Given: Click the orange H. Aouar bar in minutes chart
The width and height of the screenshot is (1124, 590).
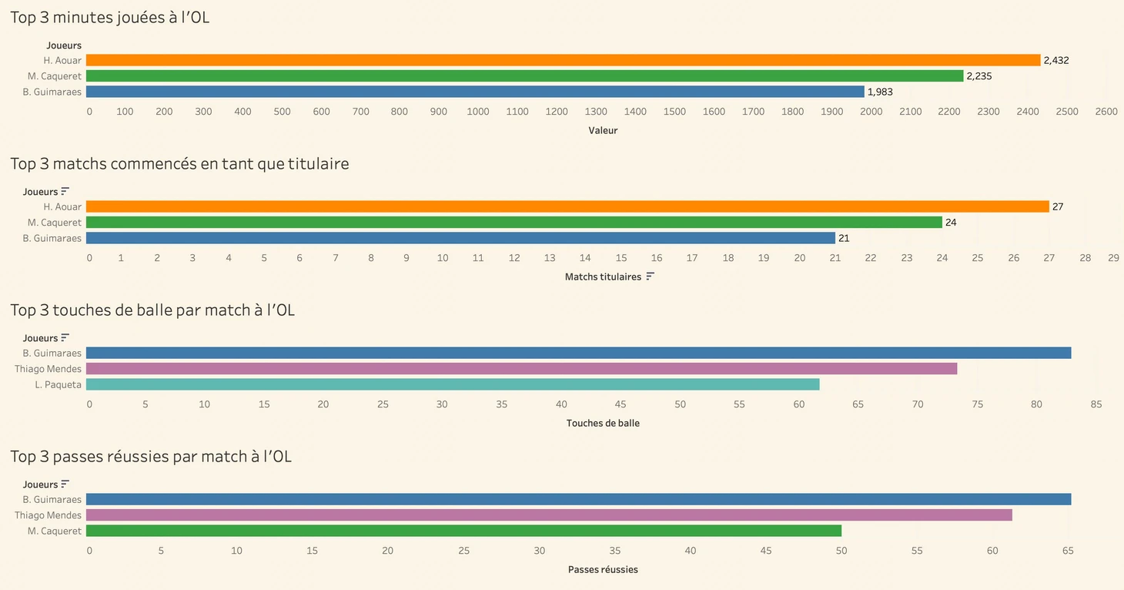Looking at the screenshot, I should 563,60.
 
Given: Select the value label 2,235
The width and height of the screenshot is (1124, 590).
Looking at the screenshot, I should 979,76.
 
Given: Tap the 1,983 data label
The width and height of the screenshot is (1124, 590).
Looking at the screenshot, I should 880,92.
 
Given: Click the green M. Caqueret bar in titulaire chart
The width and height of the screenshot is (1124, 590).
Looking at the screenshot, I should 513,223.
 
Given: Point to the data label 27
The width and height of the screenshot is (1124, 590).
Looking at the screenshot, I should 1058,207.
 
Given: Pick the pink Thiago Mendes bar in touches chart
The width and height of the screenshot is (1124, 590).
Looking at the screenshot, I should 521,369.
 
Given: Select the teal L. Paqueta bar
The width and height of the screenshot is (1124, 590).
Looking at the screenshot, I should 453,384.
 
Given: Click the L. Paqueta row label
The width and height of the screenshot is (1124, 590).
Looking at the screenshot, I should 58,384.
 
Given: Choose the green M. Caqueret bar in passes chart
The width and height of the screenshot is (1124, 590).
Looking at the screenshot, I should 463,531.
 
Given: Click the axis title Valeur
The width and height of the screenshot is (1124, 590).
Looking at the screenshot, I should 603,130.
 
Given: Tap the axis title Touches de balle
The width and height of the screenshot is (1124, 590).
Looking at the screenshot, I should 603,423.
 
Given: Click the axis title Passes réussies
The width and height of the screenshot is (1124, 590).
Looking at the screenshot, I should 603,569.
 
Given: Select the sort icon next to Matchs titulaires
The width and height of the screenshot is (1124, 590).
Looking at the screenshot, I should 651,276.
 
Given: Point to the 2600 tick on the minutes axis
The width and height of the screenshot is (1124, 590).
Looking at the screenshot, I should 1106,112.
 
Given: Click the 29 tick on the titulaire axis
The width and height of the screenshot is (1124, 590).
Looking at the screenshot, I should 1113,258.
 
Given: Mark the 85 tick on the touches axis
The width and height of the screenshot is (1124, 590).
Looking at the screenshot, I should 1096,404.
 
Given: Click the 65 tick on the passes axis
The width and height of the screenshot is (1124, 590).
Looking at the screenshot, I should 1068,551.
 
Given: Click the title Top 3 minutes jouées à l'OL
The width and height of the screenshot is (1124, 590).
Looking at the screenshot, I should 109,17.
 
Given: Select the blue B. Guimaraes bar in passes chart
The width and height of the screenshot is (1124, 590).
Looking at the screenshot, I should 578,499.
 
